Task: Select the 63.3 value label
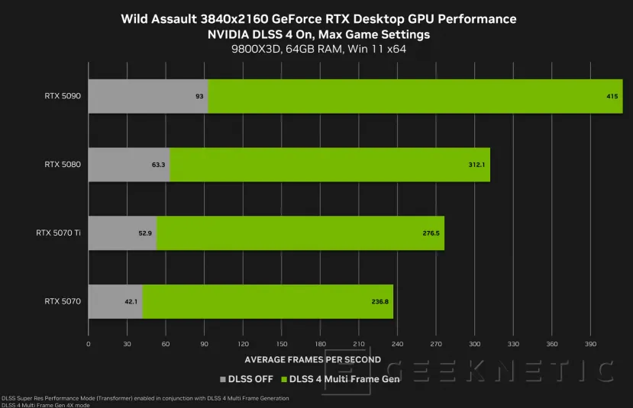pos(159,164)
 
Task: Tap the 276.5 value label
pos(431,233)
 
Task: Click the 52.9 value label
pos(145,233)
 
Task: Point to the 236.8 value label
pos(380,301)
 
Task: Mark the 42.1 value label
pos(131,301)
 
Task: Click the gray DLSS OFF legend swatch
pos(223,379)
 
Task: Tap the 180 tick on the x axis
pos(320,345)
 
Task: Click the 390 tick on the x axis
pos(589,345)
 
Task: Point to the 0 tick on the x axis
pos(89,345)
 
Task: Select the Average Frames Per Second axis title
pos(312,359)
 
